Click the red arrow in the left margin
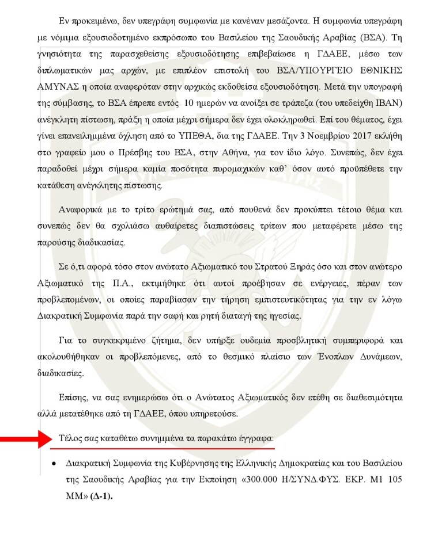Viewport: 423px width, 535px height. click(25, 440)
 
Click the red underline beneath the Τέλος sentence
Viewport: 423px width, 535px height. click(167, 448)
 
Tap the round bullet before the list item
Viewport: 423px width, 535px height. click(53, 463)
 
